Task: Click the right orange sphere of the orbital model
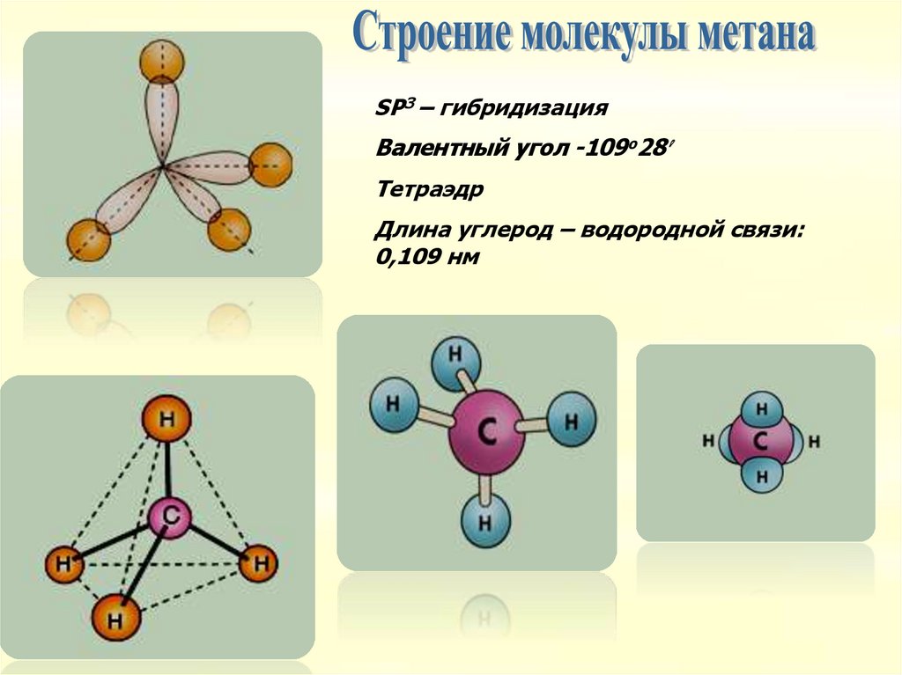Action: [270, 165]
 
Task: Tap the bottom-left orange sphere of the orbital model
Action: [88, 239]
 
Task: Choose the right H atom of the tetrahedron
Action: [257, 564]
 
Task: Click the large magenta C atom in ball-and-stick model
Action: [486, 434]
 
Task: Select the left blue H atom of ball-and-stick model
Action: [394, 405]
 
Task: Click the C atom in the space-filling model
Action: [760, 441]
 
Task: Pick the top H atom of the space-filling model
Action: [761, 410]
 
